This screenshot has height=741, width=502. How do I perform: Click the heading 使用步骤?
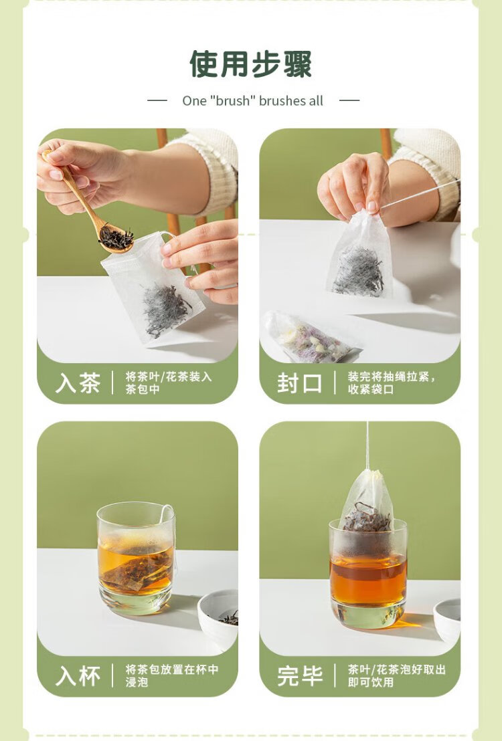251,64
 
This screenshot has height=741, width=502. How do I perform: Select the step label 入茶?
78,383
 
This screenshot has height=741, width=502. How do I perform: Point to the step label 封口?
299,383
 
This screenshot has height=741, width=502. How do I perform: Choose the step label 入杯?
78,675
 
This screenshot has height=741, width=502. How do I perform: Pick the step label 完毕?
300,675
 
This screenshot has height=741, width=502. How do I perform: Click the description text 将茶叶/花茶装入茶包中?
169,383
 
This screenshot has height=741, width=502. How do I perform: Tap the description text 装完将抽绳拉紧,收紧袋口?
392,383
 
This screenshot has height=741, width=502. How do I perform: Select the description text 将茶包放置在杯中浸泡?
171,675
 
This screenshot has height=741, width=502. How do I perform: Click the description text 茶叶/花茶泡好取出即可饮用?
396,675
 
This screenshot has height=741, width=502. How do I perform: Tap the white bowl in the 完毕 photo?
447,619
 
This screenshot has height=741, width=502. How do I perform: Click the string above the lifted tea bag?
367,445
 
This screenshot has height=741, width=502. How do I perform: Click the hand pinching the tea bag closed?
354,186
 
